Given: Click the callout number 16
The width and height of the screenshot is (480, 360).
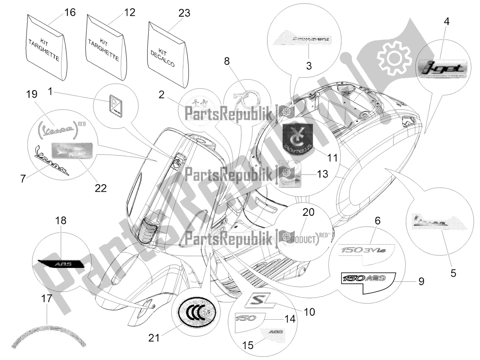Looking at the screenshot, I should [x=70, y=13].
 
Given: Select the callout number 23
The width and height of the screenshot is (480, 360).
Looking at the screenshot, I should [x=184, y=13].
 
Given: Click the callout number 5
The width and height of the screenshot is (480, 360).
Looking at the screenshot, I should [x=453, y=272].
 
